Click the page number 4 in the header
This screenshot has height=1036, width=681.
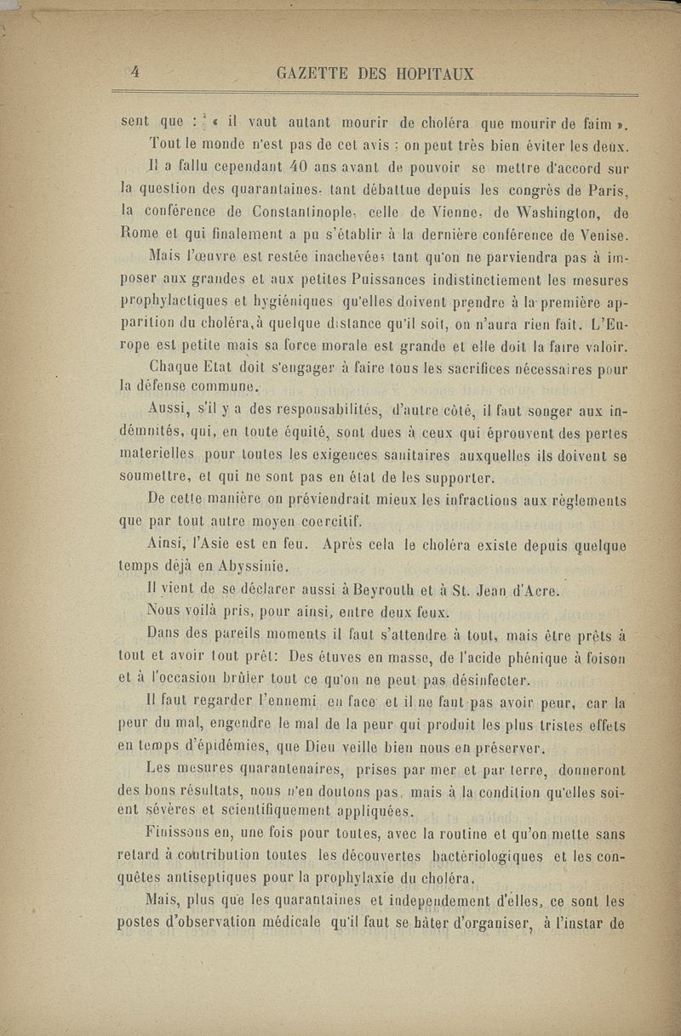(x=134, y=73)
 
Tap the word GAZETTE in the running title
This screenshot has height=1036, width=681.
(x=312, y=74)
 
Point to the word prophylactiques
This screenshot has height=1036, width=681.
(x=172, y=300)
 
